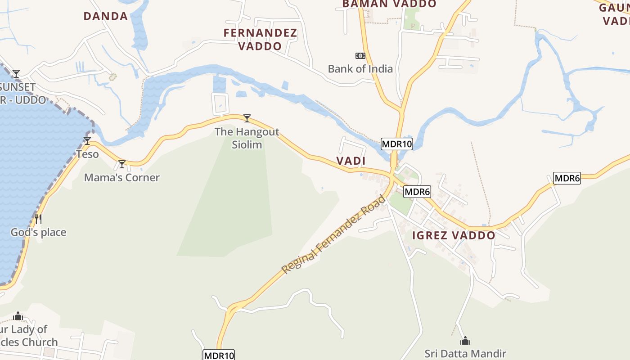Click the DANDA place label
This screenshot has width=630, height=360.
point(106,16)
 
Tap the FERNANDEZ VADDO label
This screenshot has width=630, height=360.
point(260,39)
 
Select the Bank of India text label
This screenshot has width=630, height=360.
point(360,69)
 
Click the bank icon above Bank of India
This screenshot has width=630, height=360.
point(360,56)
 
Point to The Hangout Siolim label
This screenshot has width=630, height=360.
point(247,138)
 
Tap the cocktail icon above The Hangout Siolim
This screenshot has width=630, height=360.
point(247,118)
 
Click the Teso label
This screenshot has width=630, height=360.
point(87,154)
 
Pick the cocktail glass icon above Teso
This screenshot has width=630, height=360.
point(87,141)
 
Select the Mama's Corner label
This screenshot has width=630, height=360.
point(122,177)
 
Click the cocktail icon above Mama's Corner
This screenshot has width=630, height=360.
point(121,164)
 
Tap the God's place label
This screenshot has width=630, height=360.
point(39,232)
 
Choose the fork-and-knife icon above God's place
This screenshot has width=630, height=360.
point(38,219)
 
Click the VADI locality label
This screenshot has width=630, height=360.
point(351,161)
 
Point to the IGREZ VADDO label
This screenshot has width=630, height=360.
point(454,235)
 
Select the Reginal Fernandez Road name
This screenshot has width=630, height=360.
point(333,234)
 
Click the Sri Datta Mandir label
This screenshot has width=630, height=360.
point(465,354)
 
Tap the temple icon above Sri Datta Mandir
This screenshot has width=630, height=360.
point(465,341)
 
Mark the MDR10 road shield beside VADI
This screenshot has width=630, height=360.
point(396,144)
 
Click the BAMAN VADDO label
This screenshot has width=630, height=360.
point(389,4)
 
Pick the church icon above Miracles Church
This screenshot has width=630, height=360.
point(18,316)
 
